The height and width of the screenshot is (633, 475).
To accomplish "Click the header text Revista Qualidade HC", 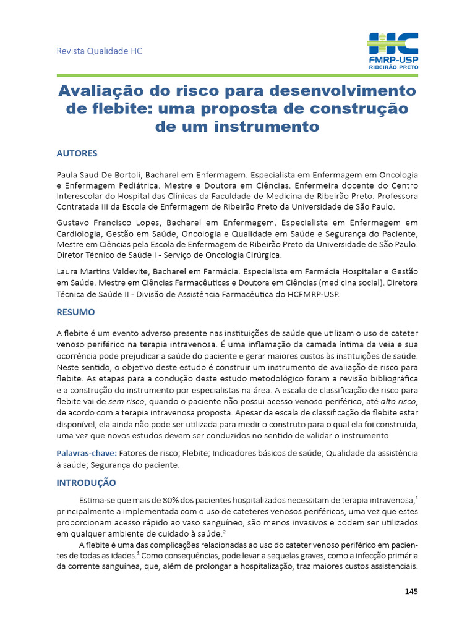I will pyautogui.click(x=100, y=51).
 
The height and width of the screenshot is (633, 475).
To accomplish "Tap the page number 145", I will pyautogui.click(x=411, y=592).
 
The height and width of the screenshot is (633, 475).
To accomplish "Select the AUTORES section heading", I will pyautogui.click(x=77, y=153).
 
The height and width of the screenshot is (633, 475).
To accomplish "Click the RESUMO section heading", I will pyautogui.click(x=75, y=313).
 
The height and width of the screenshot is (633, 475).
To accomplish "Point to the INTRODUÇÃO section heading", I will pyautogui.click(x=86, y=482).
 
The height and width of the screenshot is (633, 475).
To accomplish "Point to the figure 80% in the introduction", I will pyautogui.click(x=186, y=499).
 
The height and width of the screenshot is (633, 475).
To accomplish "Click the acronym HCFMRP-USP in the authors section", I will pyautogui.click(x=309, y=295).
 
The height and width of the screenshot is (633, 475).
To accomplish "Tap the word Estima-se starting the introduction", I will pyautogui.click(x=99, y=499).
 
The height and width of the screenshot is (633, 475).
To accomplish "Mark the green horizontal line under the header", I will pyautogui.click(x=237, y=75).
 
